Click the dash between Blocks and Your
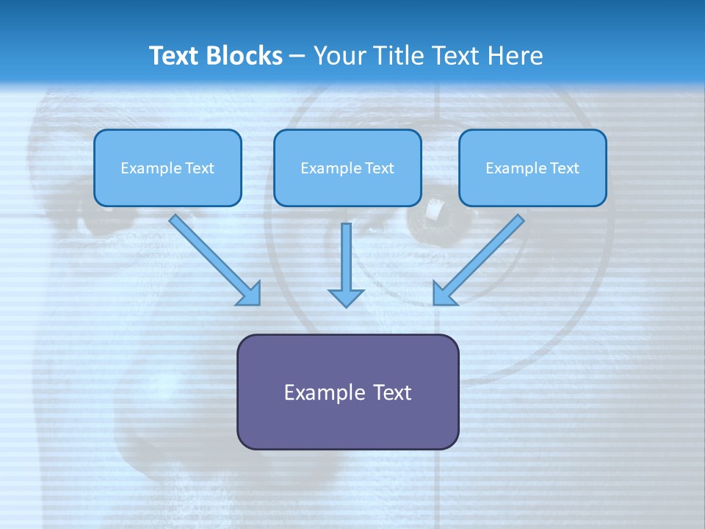[297, 57]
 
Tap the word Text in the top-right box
[564, 168]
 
